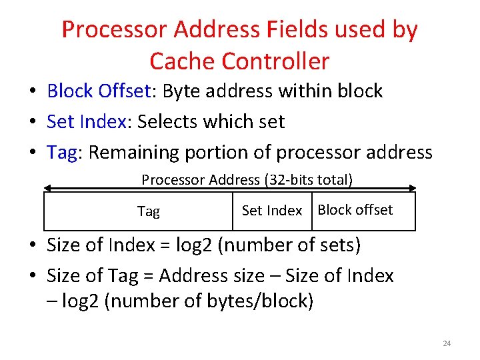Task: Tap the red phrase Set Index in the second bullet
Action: tap(86, 121)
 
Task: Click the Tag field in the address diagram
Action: tap(149, 211)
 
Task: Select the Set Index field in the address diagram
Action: tap(272, 211)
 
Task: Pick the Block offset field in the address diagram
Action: tap(355, 210)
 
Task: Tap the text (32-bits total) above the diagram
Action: tap(309, 179)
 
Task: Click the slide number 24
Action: tap(447, 343)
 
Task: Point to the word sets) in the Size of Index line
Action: tap(338, 245)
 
